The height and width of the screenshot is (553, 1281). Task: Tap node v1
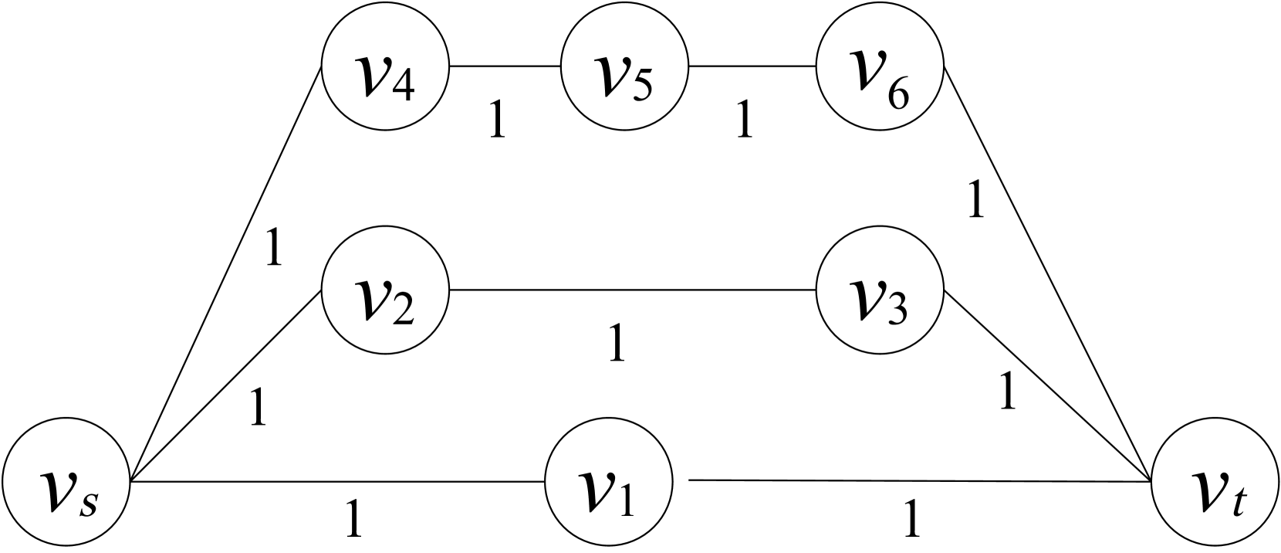(609, 482)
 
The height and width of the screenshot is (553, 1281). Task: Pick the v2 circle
(385, 290)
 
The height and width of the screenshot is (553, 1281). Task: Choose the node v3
(880, 290)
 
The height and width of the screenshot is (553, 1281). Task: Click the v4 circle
(385, 66)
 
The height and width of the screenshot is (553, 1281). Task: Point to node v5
(624, 66)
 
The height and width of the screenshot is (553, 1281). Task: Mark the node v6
(880, 66)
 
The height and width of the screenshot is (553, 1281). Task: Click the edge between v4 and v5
(505, 66)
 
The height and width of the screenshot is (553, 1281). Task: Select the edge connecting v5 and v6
(752, 66)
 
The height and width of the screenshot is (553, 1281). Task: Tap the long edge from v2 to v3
(633, 290)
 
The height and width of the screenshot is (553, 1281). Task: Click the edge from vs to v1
(340, 482)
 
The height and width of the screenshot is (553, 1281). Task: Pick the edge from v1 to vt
(918, 481)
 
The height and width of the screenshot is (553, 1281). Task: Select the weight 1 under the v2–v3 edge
(616, 344)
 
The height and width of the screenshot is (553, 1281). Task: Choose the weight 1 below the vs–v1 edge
(353, 519)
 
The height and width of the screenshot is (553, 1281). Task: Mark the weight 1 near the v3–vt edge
(1006, 392)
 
